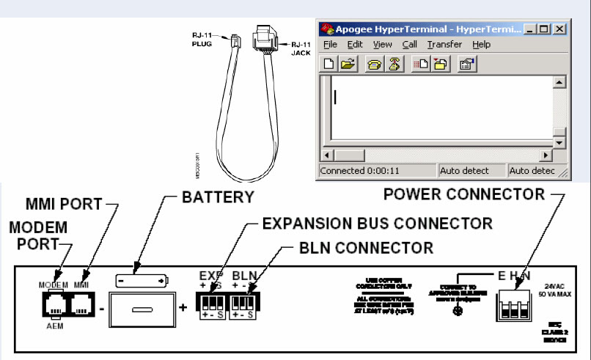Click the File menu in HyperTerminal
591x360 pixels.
[330, 45]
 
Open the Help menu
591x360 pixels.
[481, 45]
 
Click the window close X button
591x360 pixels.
[559, 29]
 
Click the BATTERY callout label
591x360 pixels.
[218, 198]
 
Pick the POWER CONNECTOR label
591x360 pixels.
[464, 194]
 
